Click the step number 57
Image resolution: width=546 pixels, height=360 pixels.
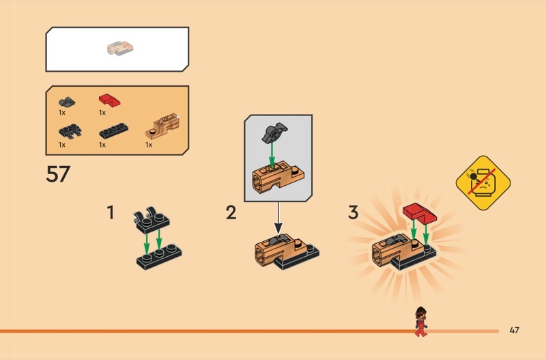[x=58, y=174]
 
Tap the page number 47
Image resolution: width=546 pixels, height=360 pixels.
[x=515, y=330]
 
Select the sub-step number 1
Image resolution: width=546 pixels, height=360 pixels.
[x=111, y=212]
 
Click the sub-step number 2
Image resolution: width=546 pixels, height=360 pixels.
[x=231, y=212]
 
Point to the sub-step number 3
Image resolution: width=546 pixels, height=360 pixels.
[x=353, y=212]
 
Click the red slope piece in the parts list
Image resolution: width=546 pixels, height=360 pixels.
[x=109, y=100]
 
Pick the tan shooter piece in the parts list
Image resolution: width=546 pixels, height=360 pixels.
[x=162, y=126]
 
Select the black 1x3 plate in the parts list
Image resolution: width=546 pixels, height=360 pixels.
[x=113, y=130]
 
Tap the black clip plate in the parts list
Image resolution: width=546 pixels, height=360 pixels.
[x=70, y=131]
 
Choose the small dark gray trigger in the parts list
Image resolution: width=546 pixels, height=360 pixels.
[x=67, y=102]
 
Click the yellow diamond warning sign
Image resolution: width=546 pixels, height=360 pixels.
[x=483, y=183]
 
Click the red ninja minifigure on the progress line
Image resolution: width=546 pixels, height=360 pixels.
[x=421, y=321]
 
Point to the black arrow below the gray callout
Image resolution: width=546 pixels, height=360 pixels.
[x=278, y=217]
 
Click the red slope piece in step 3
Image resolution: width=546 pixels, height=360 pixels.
[x=420, y=212]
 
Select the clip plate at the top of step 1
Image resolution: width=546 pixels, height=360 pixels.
[x=152, y=221]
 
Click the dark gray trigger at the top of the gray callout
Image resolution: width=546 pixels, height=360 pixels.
[x=274, y=133]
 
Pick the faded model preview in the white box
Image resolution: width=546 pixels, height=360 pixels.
[x=120, y=48]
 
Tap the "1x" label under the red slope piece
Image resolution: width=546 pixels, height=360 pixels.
[x=102, y=113]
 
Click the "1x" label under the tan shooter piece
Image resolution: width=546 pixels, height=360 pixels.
[x=149, y=145]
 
